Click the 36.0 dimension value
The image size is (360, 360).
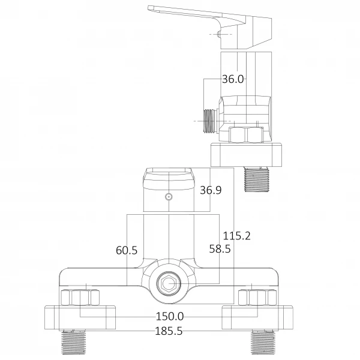coord(233,79)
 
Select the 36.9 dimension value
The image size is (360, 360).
coord(211,190)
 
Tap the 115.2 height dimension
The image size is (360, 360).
coord(236,236)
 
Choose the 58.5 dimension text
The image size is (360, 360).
coord(220,248)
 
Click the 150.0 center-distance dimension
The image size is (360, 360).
coord(170,316)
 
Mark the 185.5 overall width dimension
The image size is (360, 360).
coord(170,331)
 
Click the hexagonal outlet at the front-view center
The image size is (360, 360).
coord(167,284)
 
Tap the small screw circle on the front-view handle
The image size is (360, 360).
coord(169,196)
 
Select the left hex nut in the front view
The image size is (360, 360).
coord(80,298)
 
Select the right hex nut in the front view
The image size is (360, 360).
coord(256,298)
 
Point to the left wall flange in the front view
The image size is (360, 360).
coord(80,317)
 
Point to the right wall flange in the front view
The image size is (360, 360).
coord(258,317)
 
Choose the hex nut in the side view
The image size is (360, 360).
coord(247,135)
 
